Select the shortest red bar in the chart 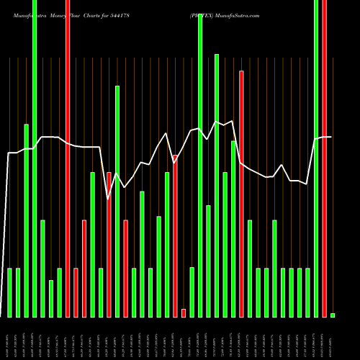click(x=184, y=312)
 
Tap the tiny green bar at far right click(x=333, y=315)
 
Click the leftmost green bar click(x=10, y=292)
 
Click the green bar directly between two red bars click(x=117, y=202)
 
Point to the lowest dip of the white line click(x=109, y=198)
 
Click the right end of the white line click(x=330, y=137)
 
